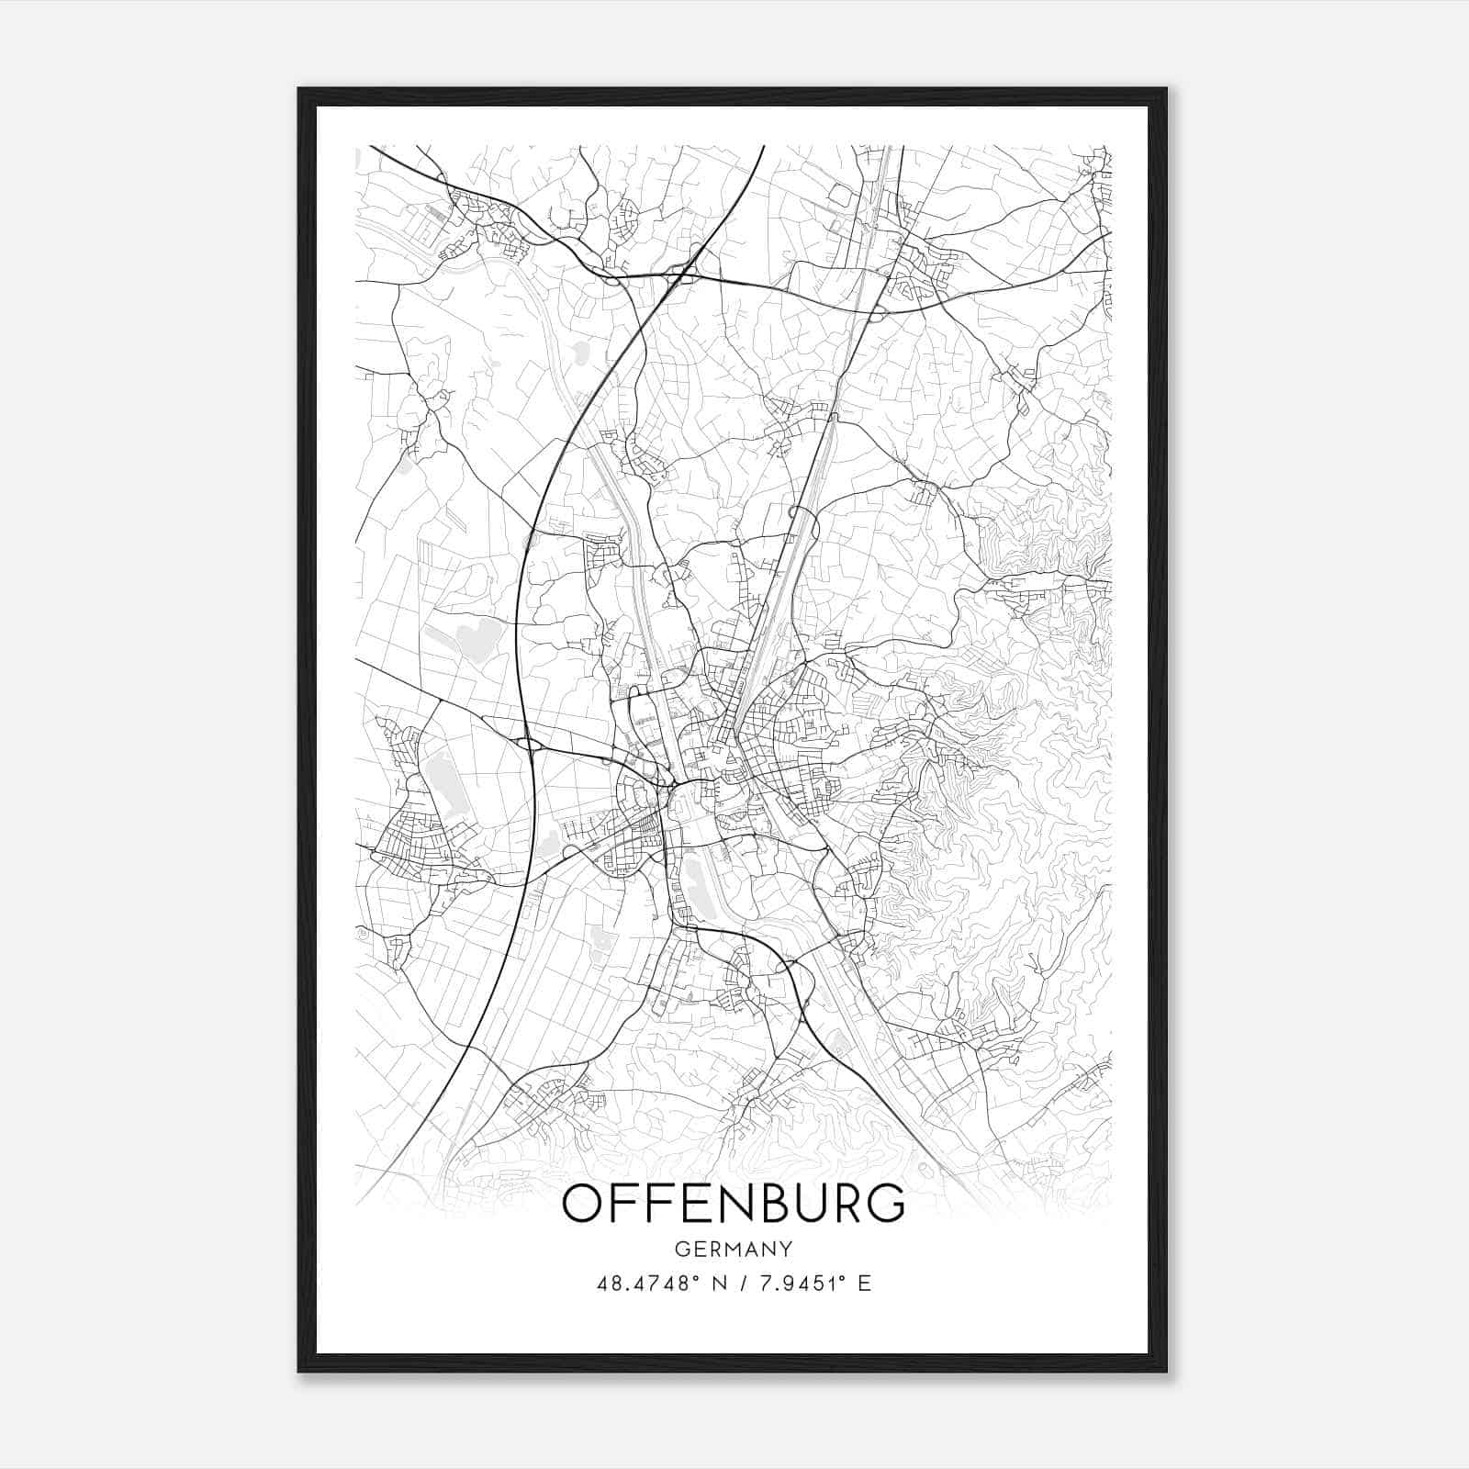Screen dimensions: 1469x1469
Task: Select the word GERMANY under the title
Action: tap(733, 1249)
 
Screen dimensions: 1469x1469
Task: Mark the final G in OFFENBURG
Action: tap(883, 1204)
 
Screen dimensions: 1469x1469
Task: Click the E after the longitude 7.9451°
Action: tap(864, 1284)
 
